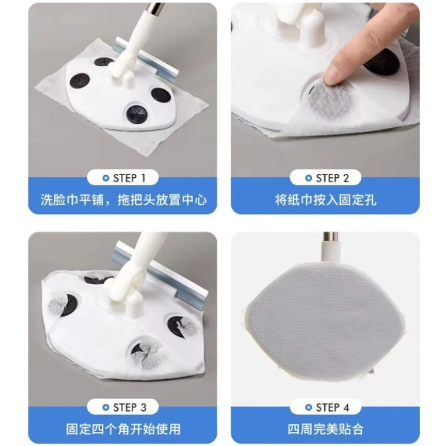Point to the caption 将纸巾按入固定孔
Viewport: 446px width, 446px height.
(x=326, y=200)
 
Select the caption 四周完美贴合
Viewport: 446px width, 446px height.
(x=326, y=429)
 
